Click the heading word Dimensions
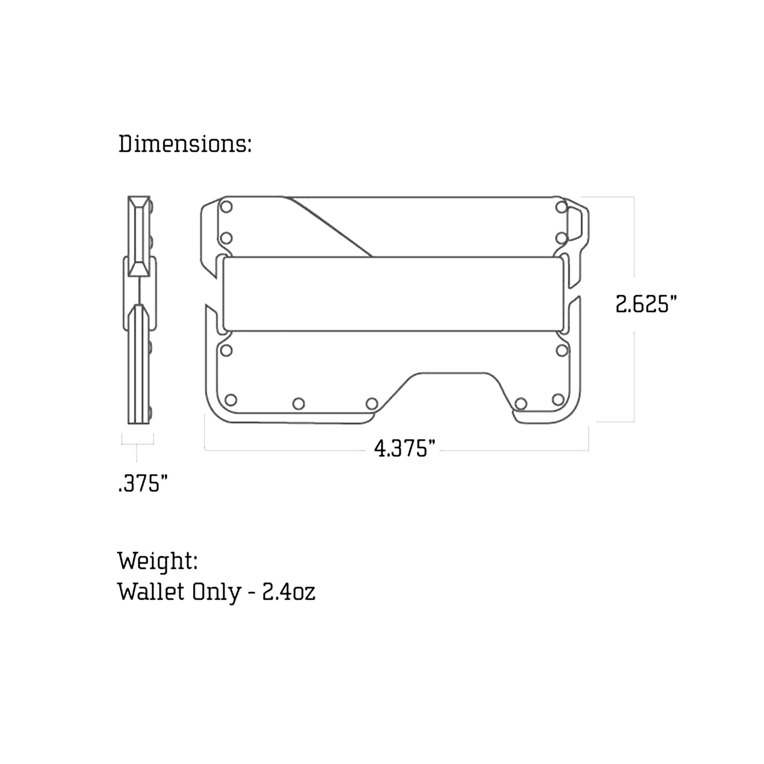tap(184, 144)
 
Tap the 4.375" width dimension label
tap(404, 449)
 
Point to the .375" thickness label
tap(142, 484)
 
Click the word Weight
tap(157, 561)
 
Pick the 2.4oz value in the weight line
tap(289, 592)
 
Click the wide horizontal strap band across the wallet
tap(393, 294)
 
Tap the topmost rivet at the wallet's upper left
tap(226, 207)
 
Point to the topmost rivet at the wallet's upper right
tap(562, 207)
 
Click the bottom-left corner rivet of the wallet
tap(231, 400)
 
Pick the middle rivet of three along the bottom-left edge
tap(299, 404)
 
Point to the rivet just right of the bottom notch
tap(521, 404)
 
